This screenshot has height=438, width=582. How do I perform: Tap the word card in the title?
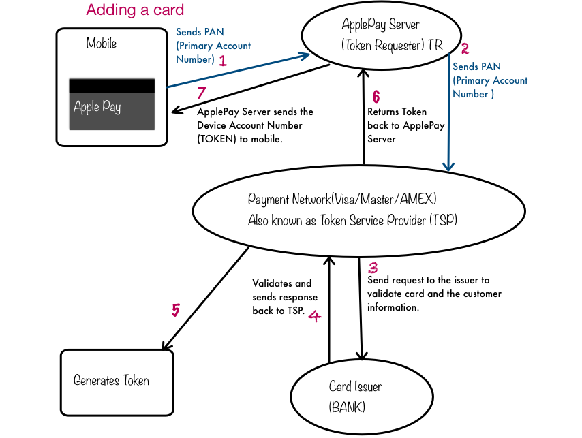point(168,10)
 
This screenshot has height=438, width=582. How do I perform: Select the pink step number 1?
point(223,61)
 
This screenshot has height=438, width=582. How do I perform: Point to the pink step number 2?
point(465,49)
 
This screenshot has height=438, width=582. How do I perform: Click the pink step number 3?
point(373,268)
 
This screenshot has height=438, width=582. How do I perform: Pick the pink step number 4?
point(314,316)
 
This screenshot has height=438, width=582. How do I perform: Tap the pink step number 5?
point(175,311)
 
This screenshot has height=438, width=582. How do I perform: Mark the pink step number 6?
point(376,97)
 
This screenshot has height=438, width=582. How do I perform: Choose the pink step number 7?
point(201,94)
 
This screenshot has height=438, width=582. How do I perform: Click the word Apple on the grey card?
point(87,108)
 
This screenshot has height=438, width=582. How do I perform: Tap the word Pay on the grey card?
point(112,108)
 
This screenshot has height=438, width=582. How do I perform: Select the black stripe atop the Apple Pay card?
point(112,85)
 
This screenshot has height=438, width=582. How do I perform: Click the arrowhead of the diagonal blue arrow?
point(306,55)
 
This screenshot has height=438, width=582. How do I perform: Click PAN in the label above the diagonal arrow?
point(213,32)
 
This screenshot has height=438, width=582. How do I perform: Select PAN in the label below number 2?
point(489,67)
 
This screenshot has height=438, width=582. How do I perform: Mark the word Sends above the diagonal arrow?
point(188,32)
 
